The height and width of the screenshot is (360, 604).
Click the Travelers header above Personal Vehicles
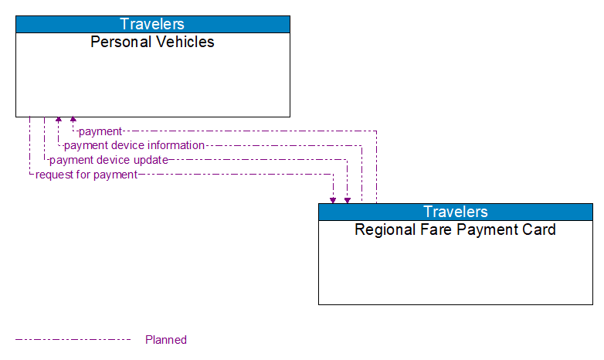click(152, 24)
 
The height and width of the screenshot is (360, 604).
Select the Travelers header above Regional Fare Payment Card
click(455, 212)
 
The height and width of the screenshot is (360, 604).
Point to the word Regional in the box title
click(384, 229)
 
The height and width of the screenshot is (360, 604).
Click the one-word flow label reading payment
click(100, 131)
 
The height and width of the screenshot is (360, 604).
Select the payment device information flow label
click(134, 145)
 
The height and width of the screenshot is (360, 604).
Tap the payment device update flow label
click(109, 160)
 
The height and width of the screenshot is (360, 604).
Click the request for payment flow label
click(87, 175)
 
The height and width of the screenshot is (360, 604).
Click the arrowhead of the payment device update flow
click(348, 199)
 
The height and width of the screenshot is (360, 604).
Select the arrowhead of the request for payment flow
click(333, 199)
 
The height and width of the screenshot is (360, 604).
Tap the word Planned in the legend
click(166, 340)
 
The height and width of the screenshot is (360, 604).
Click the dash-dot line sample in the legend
click(73, 339)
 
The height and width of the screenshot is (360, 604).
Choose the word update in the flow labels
click(151, 160)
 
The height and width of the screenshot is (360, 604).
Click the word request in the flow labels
click(53, 175)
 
